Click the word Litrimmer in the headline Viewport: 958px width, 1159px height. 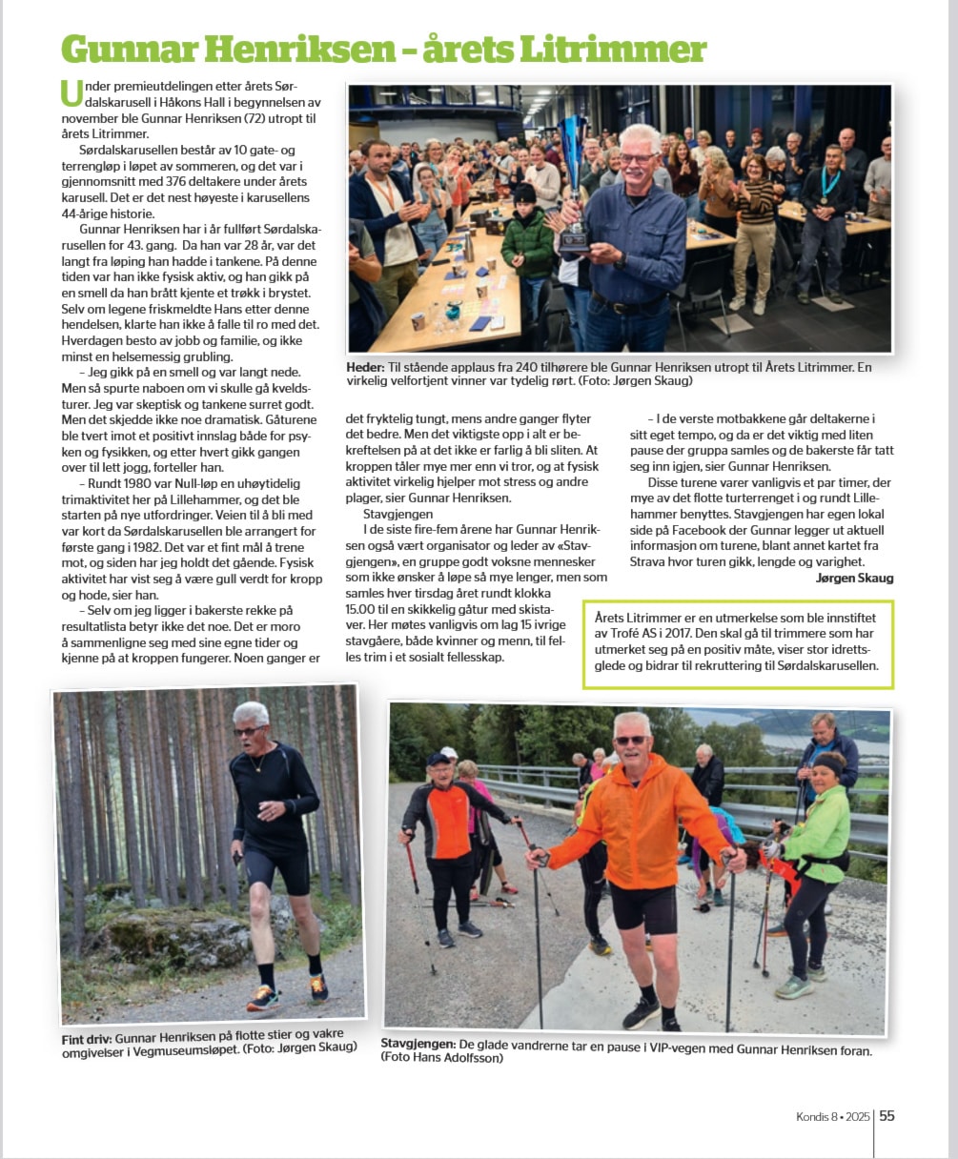click(623, 49)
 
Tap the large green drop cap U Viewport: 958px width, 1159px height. click(70, 92)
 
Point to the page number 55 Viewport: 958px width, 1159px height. click(887, 1115)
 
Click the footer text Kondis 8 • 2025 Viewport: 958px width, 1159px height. click(833, 1116)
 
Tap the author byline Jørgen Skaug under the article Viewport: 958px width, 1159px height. click(854, 578)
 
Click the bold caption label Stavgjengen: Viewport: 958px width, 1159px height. click(418, 1044)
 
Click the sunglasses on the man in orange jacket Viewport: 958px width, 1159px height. click(630, 740)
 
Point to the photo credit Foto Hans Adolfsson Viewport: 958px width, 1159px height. click(444, 1058)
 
